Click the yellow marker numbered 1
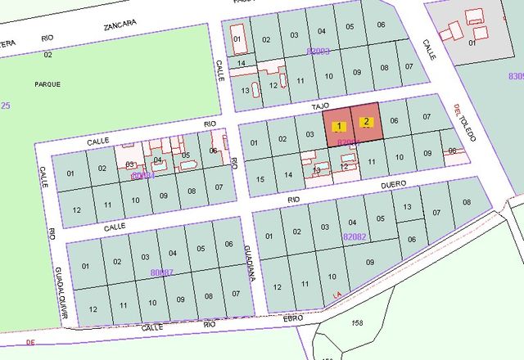point(340,126)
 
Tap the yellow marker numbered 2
point(367,122)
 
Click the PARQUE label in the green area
point(47,83)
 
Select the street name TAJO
point(319,106)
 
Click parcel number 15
point(260,179)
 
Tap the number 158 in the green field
point(357,322)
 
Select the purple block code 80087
point(163,272)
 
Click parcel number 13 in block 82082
point(405,208)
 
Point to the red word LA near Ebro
point(336,294)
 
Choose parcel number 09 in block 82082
point(369,262)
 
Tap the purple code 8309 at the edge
point(515,76)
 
